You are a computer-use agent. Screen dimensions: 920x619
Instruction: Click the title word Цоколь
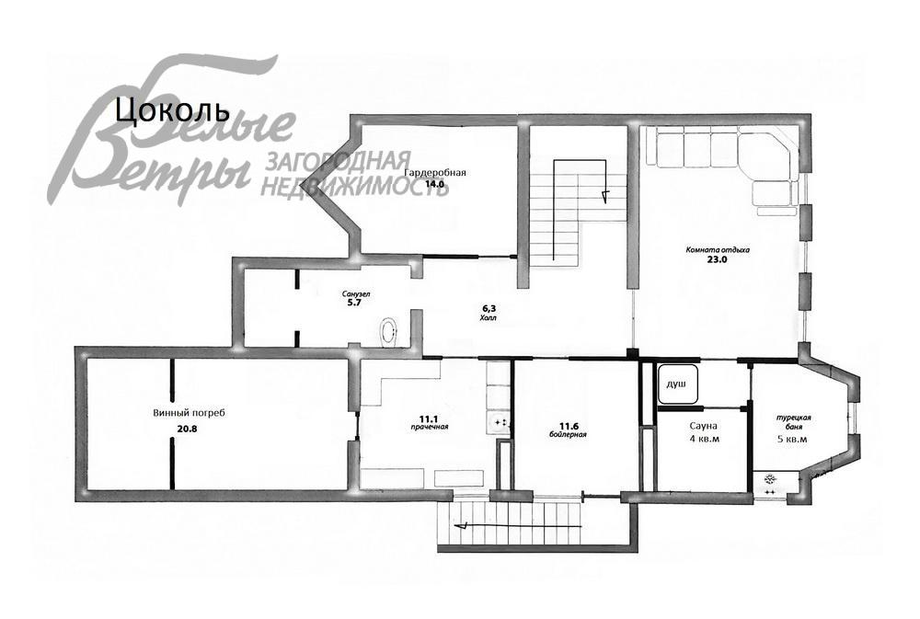169,109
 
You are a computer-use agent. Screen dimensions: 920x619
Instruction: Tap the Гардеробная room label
435,173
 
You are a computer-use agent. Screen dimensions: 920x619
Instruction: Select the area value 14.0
435,184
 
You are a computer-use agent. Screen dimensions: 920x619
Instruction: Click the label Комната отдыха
718,249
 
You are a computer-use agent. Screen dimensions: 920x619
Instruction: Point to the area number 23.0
718,260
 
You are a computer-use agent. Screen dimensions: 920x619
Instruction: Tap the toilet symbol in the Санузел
389,331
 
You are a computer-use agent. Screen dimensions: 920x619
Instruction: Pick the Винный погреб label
189,413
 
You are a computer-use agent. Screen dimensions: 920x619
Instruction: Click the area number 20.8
187,429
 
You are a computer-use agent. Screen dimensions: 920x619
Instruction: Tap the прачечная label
429,427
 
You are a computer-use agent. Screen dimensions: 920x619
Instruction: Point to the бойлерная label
568,435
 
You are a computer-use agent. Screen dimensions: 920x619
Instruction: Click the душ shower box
678,384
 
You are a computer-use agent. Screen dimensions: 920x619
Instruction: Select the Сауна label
704,426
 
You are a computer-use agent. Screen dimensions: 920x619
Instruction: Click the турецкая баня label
794,422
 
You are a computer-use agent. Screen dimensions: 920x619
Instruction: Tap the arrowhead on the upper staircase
605,195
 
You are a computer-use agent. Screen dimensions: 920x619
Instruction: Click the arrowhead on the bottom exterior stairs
464,526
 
